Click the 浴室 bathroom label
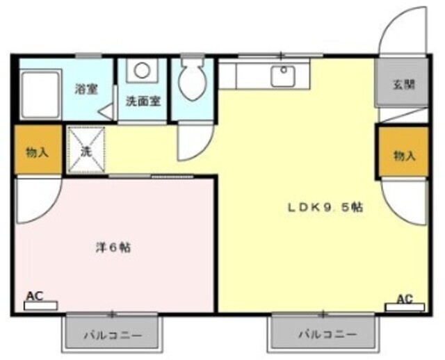(x=87, y=89)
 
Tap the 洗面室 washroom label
(x=143, y=100)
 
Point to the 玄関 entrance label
(x=403, y=85)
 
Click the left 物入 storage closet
(x=37, y=151)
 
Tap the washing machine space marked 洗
(x=86, y=150)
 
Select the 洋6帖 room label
(x=113, y=247)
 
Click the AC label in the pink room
(x=34, y=296)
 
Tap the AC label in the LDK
(x=405, y=299)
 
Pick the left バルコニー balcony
(x=113, y=335)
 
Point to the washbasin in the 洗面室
(x=143, y=70)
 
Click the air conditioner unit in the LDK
(x=405, y=307)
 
